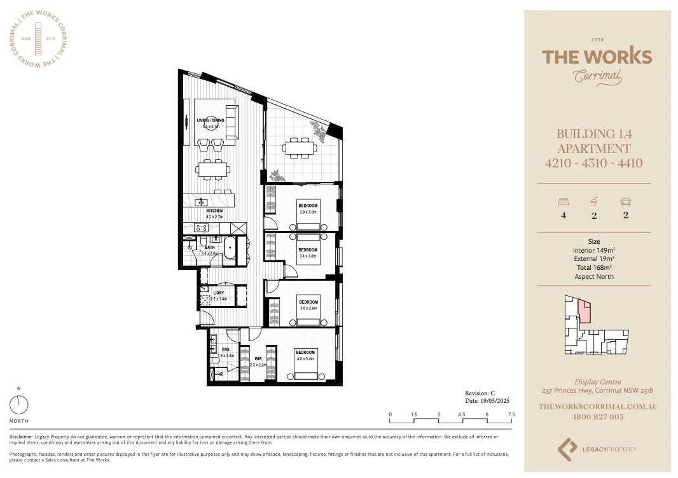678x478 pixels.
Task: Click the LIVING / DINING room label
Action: [x=210, y=120]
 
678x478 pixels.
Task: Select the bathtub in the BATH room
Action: [x=228, y=247]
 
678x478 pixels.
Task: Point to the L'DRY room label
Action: [x=218, y=293]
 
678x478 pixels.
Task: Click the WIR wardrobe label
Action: [x=258, y=359]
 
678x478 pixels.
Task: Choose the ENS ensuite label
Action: [x=226, y=349]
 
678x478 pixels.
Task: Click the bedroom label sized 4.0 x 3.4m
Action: [x=305, y=353]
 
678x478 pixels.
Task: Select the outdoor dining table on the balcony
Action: [x=300, y=148]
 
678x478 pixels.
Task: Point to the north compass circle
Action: [x=19, y=405]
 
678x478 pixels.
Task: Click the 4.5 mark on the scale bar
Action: [x=462, y=414]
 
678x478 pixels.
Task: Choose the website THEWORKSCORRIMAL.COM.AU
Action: [x=597, y=406]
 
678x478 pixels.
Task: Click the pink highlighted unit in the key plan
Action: [x=583, y=311]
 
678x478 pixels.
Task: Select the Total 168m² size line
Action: [x=593, y=268]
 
